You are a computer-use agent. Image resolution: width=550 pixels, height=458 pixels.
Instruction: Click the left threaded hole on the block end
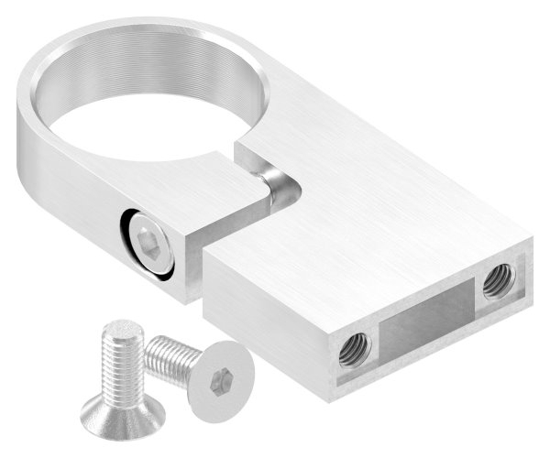coord(354,349)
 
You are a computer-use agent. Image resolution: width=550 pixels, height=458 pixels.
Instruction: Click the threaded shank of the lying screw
coord(170,356)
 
